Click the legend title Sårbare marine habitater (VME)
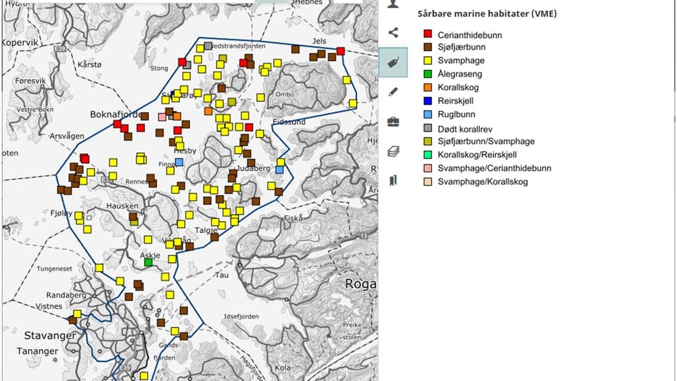point(487,13)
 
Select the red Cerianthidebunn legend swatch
point(427,34)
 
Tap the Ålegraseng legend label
point(459,74)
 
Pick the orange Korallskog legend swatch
point(427,88)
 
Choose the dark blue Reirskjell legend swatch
point(427,101)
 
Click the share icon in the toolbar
point(393,33)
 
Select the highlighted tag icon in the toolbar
point(393,62)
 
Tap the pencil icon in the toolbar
point(393,92)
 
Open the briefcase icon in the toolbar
point(393,121)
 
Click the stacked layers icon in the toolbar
point(393,151)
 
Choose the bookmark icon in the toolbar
point(393,180)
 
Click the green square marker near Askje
point(148,262)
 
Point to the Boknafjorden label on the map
point(117,114)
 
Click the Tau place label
point(221,275)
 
